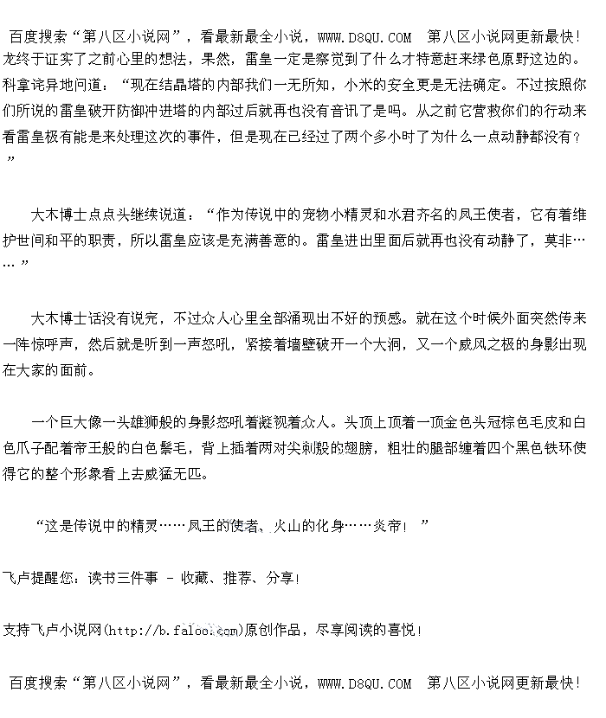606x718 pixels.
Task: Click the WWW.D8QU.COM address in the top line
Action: tap(364, 36)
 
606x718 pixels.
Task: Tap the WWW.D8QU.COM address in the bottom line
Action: tap(364, 683)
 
